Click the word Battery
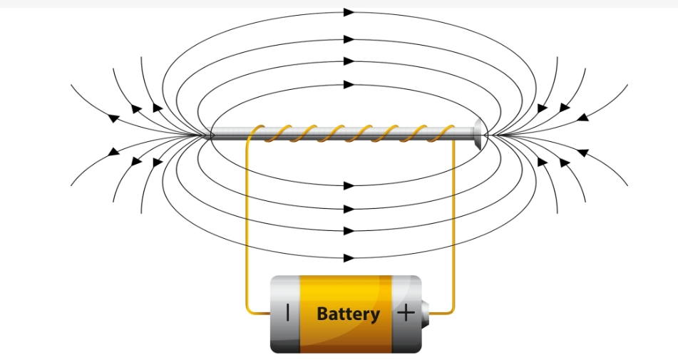[x=347, y=314]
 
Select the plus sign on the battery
[x=405, y=313]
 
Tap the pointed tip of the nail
[x=207, y=135]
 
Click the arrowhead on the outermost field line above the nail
[x=349, y=12]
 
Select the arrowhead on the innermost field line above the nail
[x=349, y=84]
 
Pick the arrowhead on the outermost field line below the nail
[x=349, y=257]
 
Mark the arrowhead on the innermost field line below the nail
[x=349, y=185]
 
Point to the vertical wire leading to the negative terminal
[x=247, y=228]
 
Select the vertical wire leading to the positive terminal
[x=454, y=228]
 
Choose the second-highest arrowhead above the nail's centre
[x=349, y=41]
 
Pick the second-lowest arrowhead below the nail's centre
[x=349, y=230]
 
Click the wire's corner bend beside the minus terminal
[x=249, y=310]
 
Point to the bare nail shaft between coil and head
[x=465, y=135]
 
